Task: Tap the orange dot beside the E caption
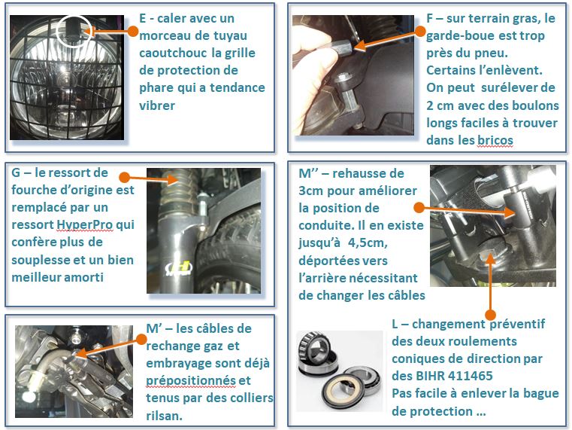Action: (133, 31)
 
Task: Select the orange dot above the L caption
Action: (490, 314)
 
